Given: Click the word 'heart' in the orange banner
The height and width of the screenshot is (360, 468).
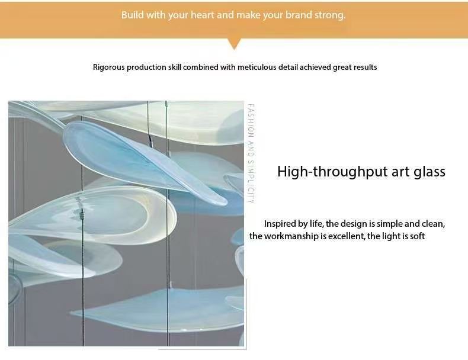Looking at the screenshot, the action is point(203,15).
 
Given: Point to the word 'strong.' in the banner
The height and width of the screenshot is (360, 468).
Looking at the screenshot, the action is point(330,15).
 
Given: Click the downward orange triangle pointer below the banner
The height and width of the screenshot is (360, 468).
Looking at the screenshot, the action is point(235,44).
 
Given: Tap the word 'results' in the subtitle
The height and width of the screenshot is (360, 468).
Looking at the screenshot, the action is point(365,67).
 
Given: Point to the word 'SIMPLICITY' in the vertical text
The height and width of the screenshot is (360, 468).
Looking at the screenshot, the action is point(251,182).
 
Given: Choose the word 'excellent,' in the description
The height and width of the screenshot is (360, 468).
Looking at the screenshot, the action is point(347,236).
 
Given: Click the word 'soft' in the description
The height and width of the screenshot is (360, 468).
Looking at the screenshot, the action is point(417,236).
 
